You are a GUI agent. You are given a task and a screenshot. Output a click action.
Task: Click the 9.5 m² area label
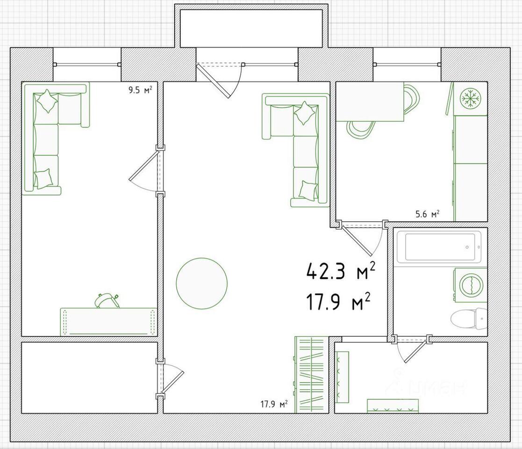pos(141,90)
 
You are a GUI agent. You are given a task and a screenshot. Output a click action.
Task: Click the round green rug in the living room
pos(202,283)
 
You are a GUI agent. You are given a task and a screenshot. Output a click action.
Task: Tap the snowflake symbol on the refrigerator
pos(471,98)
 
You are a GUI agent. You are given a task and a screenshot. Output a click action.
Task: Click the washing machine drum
pos(471,285)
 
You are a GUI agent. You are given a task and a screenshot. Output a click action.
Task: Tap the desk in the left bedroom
pos(108,322)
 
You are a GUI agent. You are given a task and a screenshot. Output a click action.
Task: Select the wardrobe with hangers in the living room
pos(310,375)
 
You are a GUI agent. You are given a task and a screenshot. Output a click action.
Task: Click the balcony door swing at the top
pos(213,80)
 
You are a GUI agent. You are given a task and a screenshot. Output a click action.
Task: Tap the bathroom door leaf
pos(415,351)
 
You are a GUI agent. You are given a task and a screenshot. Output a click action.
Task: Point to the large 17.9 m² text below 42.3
pos(338,301)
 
